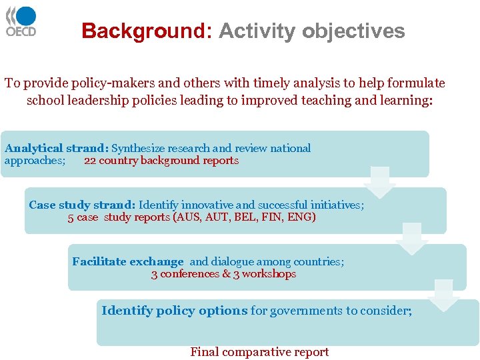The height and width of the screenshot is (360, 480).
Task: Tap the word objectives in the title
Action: tap(353, 31)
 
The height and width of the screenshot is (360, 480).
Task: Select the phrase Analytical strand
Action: tap(56, 149)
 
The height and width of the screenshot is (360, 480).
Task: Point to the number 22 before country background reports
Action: tap(90, 161)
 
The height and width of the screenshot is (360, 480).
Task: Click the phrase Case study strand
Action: tap(82, 205)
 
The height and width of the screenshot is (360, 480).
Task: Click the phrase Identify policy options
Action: tap(175, 311)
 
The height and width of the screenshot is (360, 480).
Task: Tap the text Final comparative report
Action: tap(259, 352)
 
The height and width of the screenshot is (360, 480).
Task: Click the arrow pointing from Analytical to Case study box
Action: tap(380, 182)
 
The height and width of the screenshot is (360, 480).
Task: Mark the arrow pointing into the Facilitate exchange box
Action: tap(411, 239)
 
